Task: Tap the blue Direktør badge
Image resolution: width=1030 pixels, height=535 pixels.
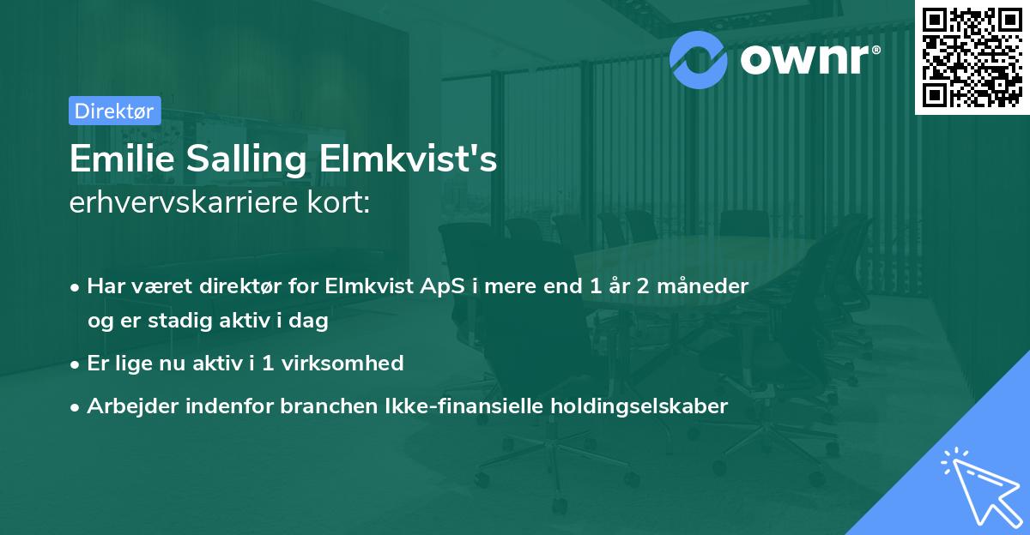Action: [x=114, y=111]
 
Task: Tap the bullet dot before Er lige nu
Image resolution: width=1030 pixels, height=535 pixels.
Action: [x=76, y=364]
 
